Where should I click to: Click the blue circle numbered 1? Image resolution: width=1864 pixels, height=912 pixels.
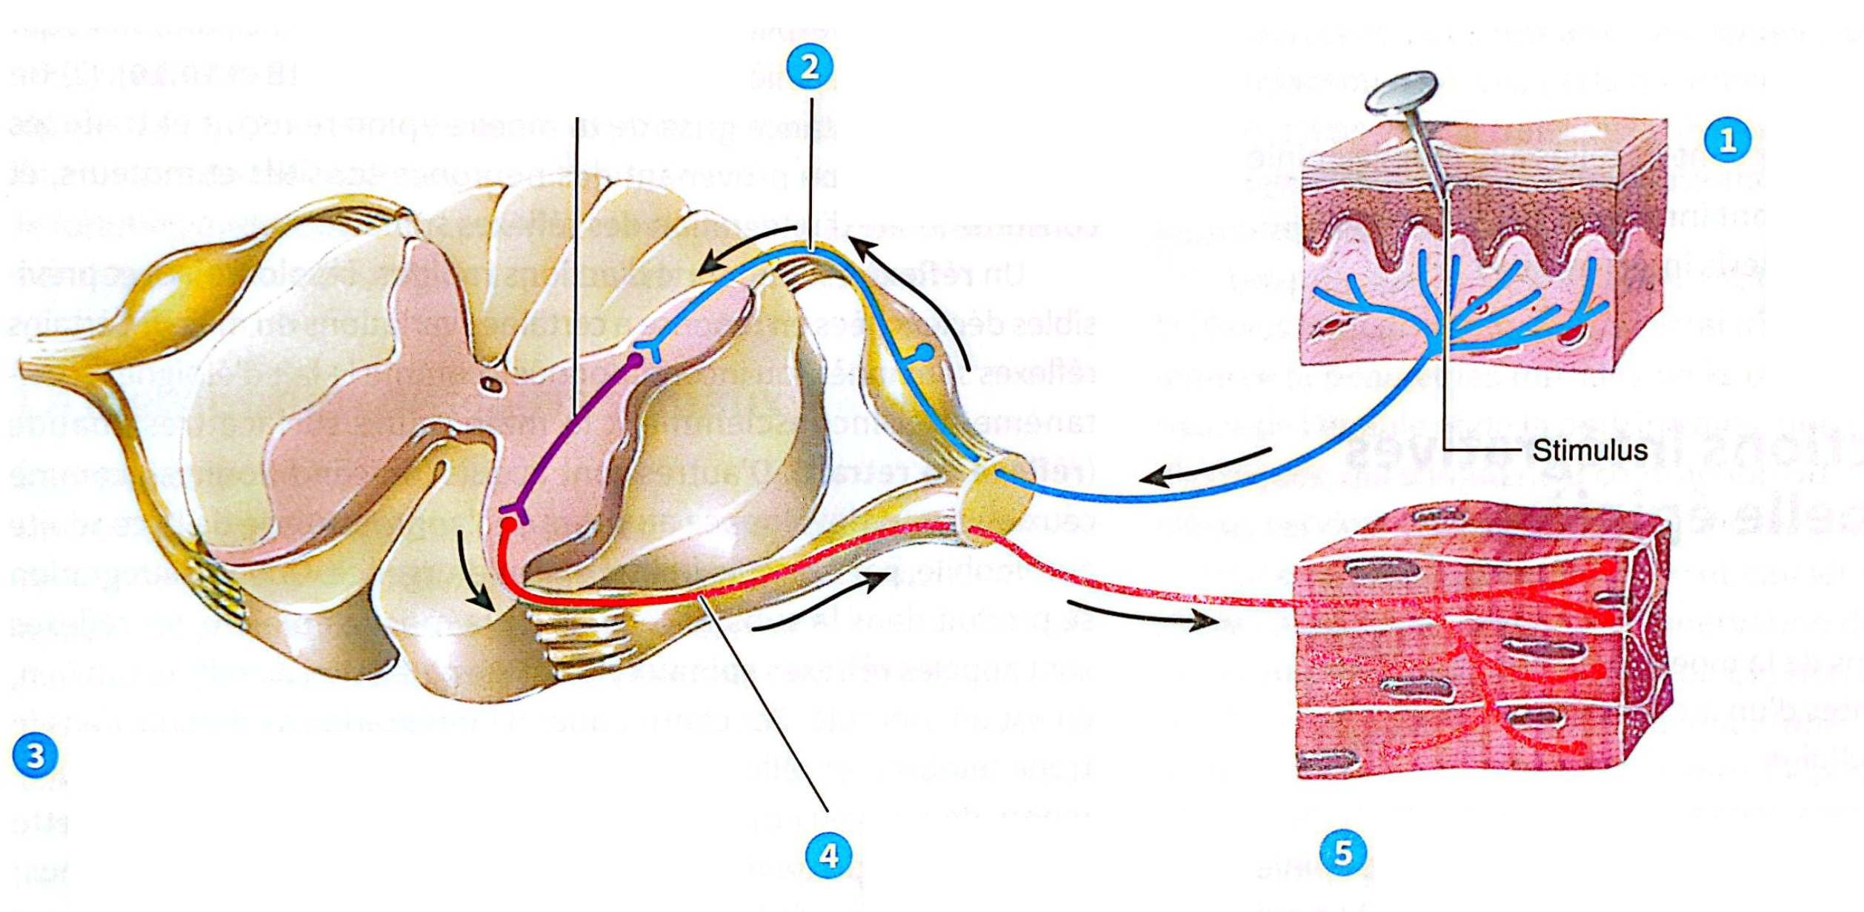[1727, 140]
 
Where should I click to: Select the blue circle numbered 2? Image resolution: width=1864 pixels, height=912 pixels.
[810, 67]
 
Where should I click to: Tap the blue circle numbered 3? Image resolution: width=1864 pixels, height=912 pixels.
[35, 756]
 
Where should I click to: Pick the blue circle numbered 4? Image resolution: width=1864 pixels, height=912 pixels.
[828, 856]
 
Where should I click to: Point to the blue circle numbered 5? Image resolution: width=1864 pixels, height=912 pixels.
[1343, 853]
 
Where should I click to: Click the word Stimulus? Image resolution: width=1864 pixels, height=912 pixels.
[1590, 450]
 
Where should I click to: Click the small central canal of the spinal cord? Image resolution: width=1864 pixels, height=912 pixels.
[491, 384]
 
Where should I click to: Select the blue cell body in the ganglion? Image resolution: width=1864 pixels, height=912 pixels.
[925, 352]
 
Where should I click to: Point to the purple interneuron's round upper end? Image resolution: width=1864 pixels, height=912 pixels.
[635, 361]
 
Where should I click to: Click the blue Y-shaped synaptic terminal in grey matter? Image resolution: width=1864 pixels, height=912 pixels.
[650, 348]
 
